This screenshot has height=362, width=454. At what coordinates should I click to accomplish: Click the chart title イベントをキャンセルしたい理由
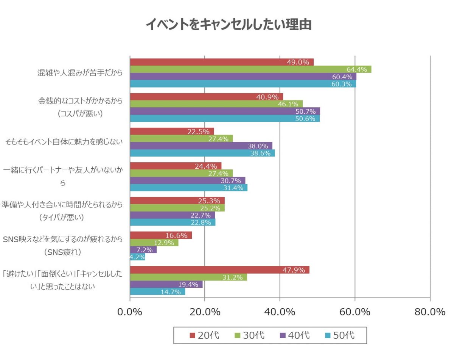pyautogui.click(x=229, y=24)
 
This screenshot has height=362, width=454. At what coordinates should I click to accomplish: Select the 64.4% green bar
pyautogui.click(x=250, y=69)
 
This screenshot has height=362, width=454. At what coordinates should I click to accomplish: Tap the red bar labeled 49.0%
pyautogui.click(x=222, y=62)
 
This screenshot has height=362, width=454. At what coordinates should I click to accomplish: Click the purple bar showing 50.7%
pyautogui.click(x=225, y=111)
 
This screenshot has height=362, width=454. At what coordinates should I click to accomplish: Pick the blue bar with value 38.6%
pyautogui.click(x=202, y=153)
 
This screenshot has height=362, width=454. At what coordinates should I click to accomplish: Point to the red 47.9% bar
pyautogui.click(x=219, y=270)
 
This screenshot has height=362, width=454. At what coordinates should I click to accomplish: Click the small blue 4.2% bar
pyautogui.click(x=137, y=257)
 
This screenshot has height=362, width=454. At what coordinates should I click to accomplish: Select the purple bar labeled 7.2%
pyautogui.click(x=143, y=250)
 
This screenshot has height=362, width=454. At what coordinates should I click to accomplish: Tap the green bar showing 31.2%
pyautogui.click(x=188, y=277)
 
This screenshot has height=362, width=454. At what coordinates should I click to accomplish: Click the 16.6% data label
pyautogui.click(x=176, y=235)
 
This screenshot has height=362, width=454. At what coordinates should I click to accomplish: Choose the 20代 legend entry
pyautogui.click(x=204, y=335)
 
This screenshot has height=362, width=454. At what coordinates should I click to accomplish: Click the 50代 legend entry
pyautogui.click(x=339, y=335)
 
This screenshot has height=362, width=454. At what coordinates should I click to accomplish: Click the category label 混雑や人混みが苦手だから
pyautogui.click(x=80, y=73)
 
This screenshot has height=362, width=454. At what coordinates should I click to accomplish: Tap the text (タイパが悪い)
pyautogui.click(x=62, y=218)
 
